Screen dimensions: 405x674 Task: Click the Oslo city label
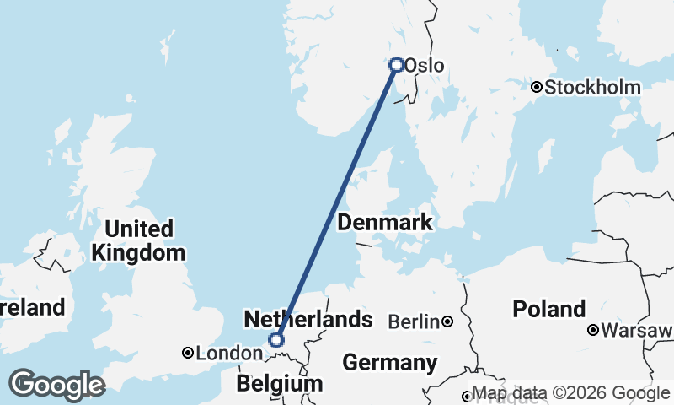pos(425,65)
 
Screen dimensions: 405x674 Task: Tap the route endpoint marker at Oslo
pos(396,64)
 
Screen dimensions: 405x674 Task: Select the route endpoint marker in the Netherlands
pos(275,340)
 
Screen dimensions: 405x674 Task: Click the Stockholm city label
pos(593,87)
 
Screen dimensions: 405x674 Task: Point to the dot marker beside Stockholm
pos(536,87)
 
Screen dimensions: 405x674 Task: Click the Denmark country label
pos(385,223)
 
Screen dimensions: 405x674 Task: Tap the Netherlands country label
pos(308,319)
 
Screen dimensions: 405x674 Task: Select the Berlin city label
pos(414,321)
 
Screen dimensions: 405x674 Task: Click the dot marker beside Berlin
pos(447,321)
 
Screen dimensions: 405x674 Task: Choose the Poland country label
pos(549,308)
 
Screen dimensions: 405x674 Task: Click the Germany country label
pos(389,364)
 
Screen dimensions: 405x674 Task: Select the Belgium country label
pos(279,384)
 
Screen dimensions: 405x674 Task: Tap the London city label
pos(224,354)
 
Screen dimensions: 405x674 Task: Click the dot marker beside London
pos(188,354)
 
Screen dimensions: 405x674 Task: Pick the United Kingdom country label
pos(139,240)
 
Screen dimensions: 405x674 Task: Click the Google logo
pos(56,385)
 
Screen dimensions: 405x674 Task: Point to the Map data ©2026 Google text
pos(570,393)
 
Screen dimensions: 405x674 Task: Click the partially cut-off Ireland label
pos(32,307)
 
